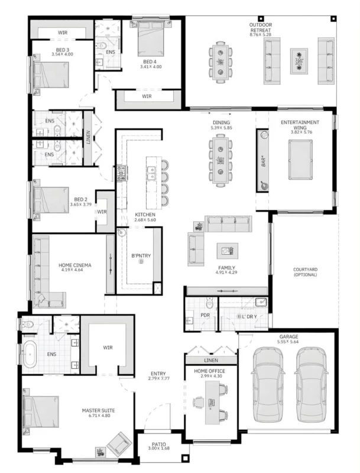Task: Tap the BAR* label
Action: click(x=264, y=161)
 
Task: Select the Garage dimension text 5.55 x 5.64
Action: click(x=288, y=342)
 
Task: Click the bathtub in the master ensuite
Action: click(x=30, y=354)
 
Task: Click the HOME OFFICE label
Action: click(x=209, y=371)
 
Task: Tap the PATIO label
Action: click(x=158, y=444)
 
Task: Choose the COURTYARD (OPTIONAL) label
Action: click(x=305, y=272)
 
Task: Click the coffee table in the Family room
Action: click(x=228, y=251)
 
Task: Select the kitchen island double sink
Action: click(x=151, y=173)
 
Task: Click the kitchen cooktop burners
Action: click(x=121, y=173)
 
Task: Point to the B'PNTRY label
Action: click(x=141, y=255)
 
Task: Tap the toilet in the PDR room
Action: click(x=209, y=302)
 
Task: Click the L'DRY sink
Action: click(x=261, y=302)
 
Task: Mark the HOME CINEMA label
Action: click(x=74, y=265)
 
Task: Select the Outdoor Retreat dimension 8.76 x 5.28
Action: click(x=261, y=34)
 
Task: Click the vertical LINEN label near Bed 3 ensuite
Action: click(x=88, y=137)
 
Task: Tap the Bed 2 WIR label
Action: click(x=102, y=212)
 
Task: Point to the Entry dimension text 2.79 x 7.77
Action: click(x=158, y=378)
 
